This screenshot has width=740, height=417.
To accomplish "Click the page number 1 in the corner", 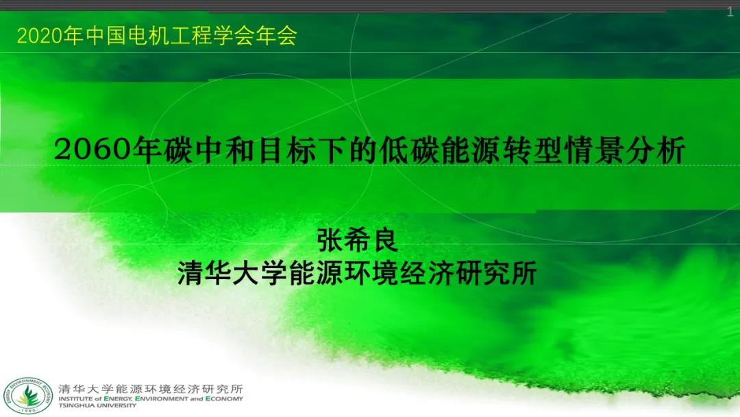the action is [x=730, y=12].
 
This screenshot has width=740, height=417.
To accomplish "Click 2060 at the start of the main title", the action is [x=92, y=150].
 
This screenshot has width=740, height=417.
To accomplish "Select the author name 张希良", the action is [x=357, y=241].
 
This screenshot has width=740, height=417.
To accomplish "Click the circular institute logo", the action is [x=28, y=396].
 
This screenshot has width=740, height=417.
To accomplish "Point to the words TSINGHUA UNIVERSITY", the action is [x=97, y=405].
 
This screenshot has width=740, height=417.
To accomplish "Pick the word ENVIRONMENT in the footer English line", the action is [x=162, y=398].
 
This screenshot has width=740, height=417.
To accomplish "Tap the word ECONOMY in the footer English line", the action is [x=224, y=398].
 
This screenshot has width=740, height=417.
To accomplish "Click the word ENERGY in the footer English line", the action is [x=118, y=398].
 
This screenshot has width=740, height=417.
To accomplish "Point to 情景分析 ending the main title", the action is [x=624, y=150].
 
